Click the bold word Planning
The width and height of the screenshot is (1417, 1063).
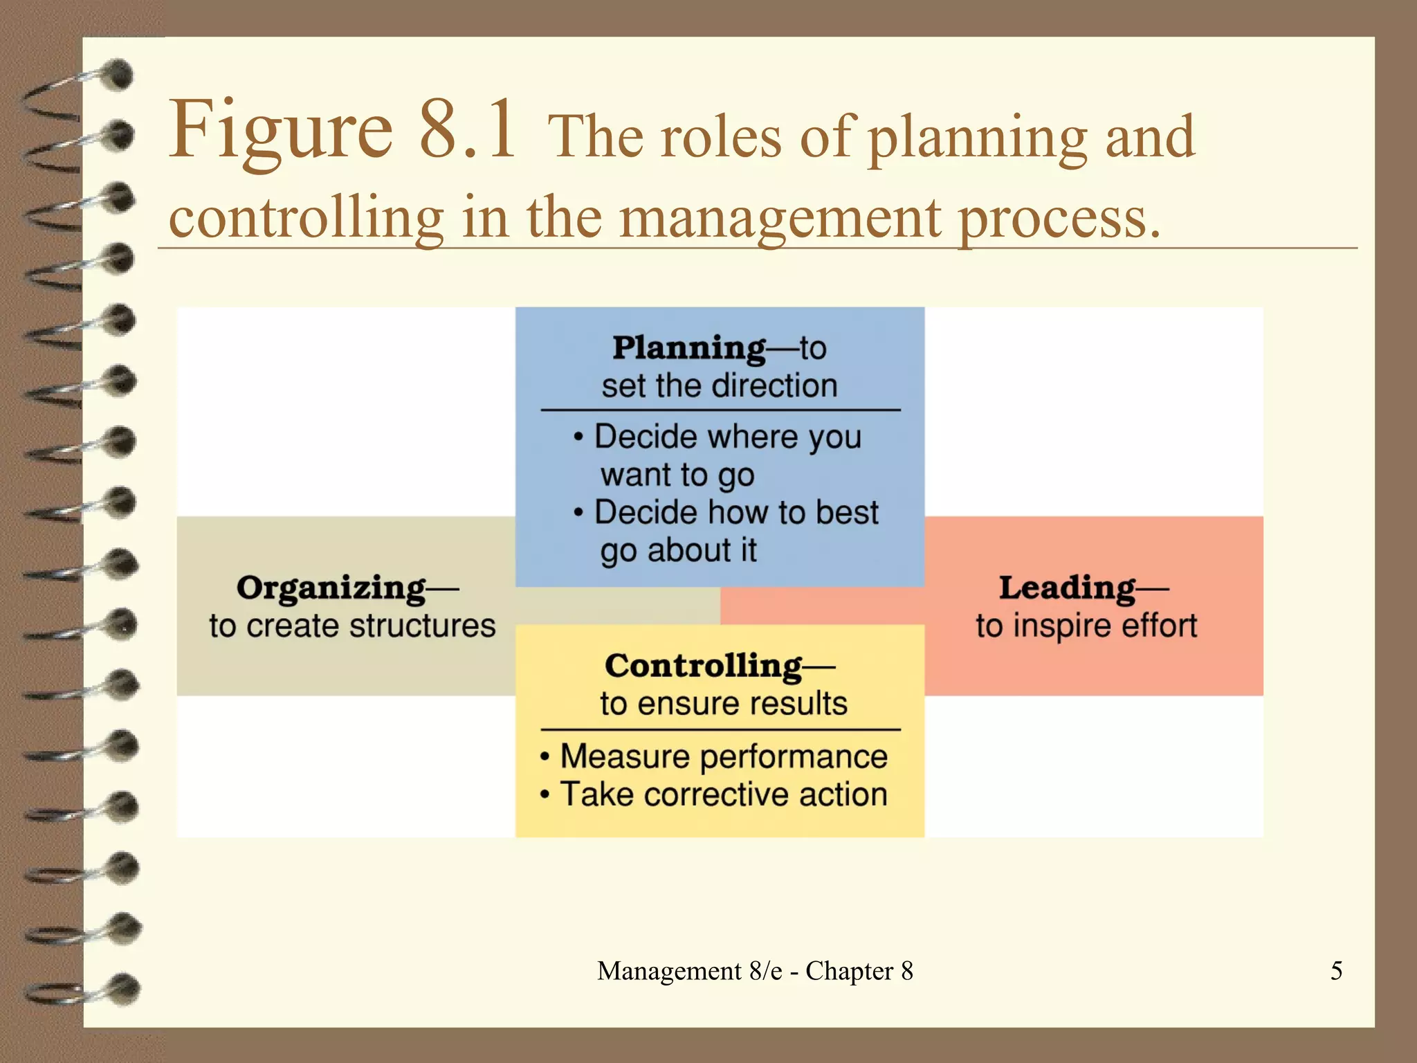688,347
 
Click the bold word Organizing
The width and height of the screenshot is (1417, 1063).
331,588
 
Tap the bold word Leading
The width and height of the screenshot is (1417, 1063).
1067,588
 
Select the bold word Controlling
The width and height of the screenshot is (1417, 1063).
704,666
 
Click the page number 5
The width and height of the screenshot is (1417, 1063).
1336,970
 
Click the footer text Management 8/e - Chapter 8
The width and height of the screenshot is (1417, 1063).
755,971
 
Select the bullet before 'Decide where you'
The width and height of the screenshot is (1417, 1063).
578,437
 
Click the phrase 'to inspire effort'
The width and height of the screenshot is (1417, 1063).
1086,626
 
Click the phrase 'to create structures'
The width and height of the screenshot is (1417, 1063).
352,626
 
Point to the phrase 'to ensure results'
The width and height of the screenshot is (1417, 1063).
724,704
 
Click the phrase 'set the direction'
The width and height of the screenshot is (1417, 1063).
720,385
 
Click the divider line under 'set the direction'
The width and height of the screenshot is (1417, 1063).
720,410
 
